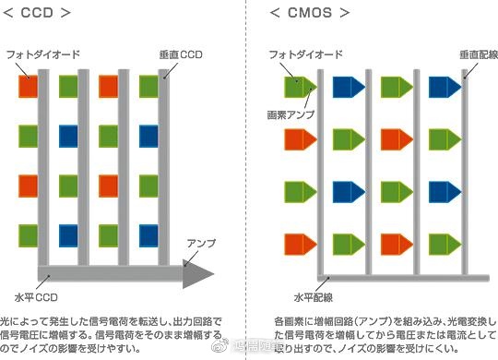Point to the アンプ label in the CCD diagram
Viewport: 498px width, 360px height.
click(201, 243)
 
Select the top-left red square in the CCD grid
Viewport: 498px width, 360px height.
click(28, 87)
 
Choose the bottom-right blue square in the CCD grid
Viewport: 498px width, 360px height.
click(148, 233)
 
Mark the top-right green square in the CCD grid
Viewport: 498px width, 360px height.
click(148, 87)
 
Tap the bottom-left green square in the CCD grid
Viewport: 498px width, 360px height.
click(28, 233)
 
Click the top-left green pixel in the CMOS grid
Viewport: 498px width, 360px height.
click(298, 87)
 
